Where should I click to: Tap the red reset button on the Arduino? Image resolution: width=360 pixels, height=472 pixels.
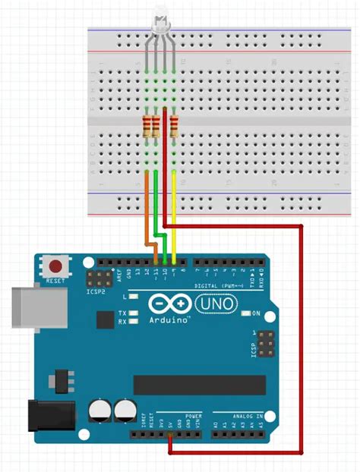pyautogui.click(x=55, y=266)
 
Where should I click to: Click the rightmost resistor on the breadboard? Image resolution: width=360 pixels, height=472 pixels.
pyautogui.click(x=175, y=126)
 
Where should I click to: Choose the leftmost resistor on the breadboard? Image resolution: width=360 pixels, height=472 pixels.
pyautogui.click(x=147, y=126)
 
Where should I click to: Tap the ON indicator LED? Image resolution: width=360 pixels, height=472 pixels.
pyautogui.click(x=245, y=313)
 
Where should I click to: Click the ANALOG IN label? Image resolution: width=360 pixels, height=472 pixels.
pyautogui.click(x=245, y=417)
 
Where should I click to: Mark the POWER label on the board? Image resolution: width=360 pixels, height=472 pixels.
pyautogui.click(x=194, y=417)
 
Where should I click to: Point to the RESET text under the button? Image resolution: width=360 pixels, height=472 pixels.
pyautogui.click(x=55, y=280)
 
